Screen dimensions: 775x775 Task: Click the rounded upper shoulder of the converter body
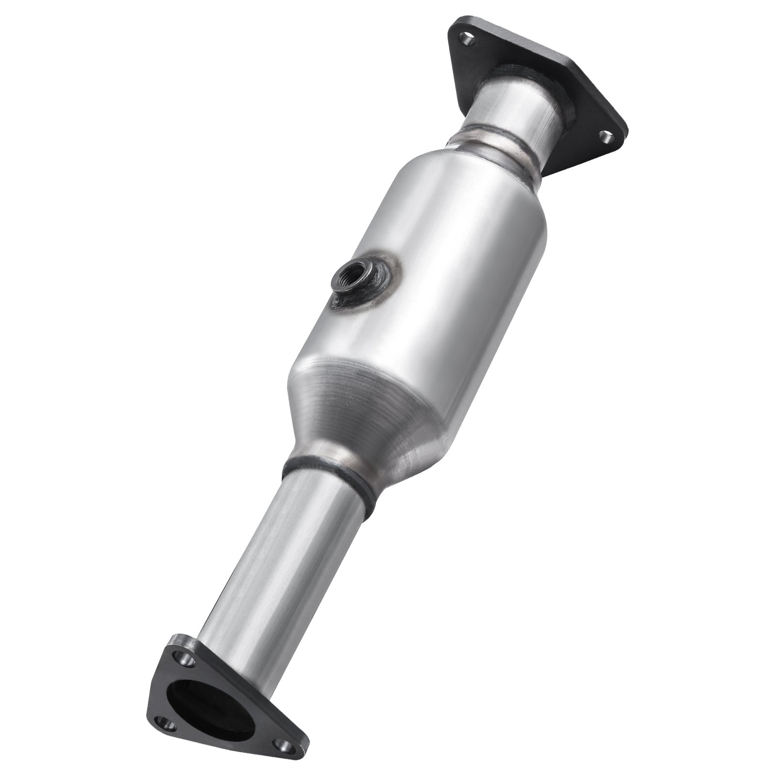tap(465, 184)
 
